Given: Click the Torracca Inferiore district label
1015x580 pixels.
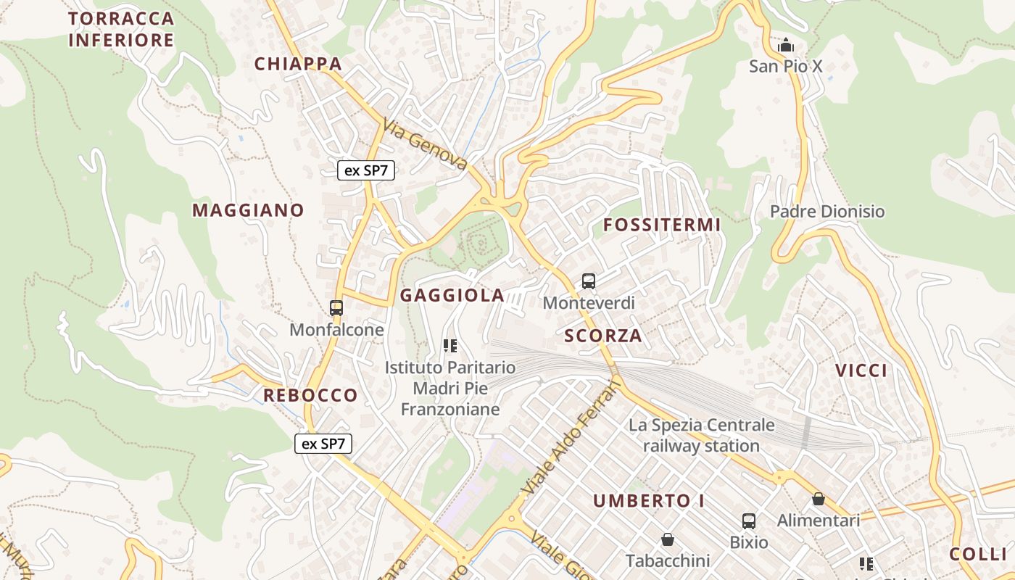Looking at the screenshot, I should [121, 29].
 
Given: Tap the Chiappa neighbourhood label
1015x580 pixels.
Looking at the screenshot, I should [298, 64].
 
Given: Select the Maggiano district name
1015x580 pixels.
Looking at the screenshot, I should [248, 210].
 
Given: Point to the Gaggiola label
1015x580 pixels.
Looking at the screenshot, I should [452, 295].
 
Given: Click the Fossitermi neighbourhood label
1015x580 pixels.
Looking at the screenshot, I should [662, 225].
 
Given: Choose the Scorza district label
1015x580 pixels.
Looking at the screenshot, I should [603, 336].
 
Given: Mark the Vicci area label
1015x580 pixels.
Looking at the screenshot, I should [861, 370].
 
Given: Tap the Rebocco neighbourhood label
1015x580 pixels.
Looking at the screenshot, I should [310, 395].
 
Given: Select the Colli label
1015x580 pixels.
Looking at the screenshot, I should [978, 554].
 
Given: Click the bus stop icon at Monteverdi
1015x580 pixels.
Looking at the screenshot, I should [589, 281].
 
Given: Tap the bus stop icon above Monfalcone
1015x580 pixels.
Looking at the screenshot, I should [336, 307].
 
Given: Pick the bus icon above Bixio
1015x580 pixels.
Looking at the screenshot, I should [749, 521].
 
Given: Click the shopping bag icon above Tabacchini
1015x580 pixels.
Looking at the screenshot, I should [668, 539].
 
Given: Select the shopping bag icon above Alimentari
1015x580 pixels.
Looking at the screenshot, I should [819, 499].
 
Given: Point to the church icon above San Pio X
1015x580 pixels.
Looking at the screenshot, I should [786, 46].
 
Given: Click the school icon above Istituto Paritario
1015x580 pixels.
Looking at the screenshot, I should [450, 346].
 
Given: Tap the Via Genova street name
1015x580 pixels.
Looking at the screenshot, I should [426, 145].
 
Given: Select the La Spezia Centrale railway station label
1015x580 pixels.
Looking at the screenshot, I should [701, 435].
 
